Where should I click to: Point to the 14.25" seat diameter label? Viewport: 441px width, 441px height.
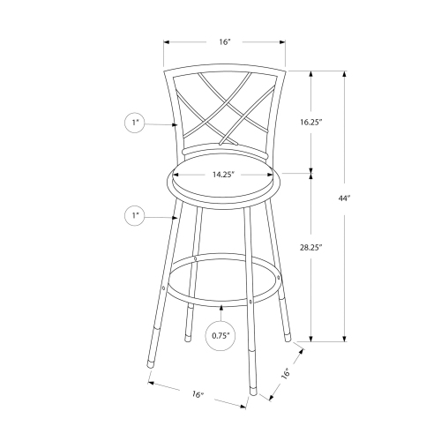[x=221, y=175]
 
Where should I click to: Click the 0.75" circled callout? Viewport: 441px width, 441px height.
[x=220, y=335]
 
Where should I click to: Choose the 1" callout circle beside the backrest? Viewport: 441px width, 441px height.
[x=136, y=124]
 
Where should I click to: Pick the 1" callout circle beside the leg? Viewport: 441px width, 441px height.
[x=136, y=214]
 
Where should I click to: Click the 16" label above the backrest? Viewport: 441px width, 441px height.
[x=224, y=41]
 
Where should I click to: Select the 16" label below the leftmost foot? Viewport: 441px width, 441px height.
[x=196, y=394]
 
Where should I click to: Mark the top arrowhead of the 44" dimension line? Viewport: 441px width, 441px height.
[x=343, y=72]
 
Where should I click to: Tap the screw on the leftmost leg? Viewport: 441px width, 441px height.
[x=165, y=288]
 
